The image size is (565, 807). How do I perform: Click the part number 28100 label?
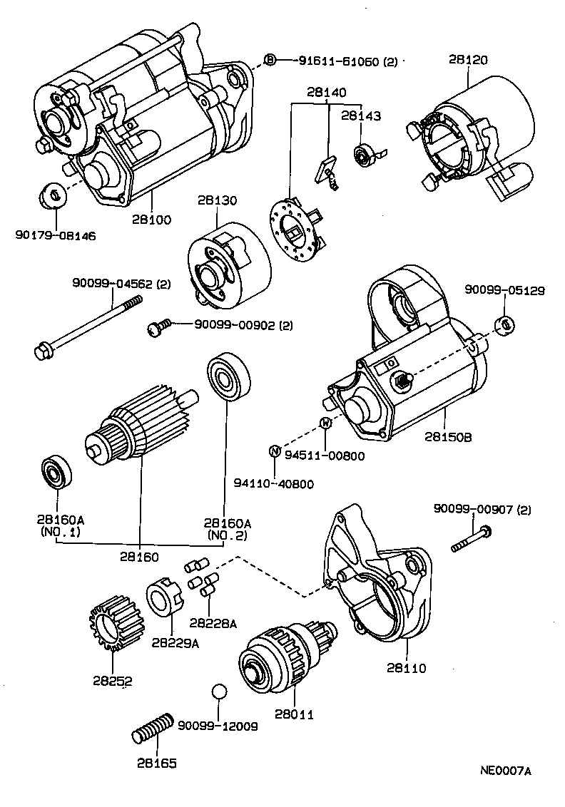[151, 220]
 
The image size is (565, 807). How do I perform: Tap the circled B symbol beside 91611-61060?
[270, 61]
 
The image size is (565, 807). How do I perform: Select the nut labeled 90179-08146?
[52, 195]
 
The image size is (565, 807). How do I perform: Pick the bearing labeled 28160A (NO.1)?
[54, 471]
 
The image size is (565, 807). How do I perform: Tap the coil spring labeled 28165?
[153, 728]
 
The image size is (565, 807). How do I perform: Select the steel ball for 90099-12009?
[219, 692]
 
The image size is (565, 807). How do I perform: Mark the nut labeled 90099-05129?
[505, 324]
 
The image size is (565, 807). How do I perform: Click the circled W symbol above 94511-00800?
[325, 423]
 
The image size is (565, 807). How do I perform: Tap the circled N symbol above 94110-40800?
[274, 451]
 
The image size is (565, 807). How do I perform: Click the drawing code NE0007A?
[505, 770]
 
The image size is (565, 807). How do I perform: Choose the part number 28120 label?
[468, 60]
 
